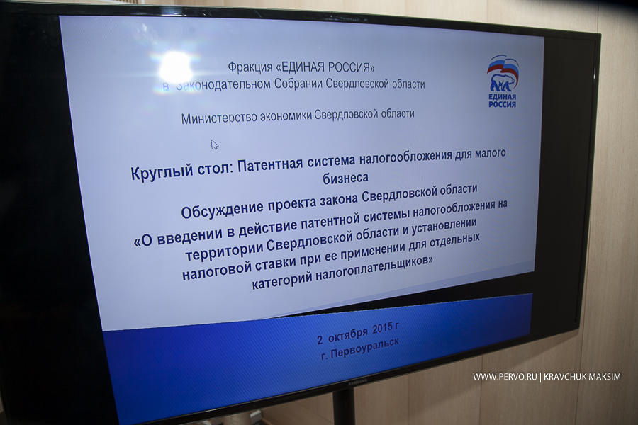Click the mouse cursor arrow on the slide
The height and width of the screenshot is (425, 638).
214,144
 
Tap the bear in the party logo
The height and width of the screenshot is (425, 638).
503,82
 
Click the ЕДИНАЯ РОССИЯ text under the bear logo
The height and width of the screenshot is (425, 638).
502,101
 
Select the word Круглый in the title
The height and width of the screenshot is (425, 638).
162,171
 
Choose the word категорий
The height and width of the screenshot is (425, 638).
282,279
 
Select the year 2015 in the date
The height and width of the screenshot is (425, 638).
383,329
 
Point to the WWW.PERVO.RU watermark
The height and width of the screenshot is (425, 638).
505,377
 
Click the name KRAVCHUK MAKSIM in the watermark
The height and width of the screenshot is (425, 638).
582,377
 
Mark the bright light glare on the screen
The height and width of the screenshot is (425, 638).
176,67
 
